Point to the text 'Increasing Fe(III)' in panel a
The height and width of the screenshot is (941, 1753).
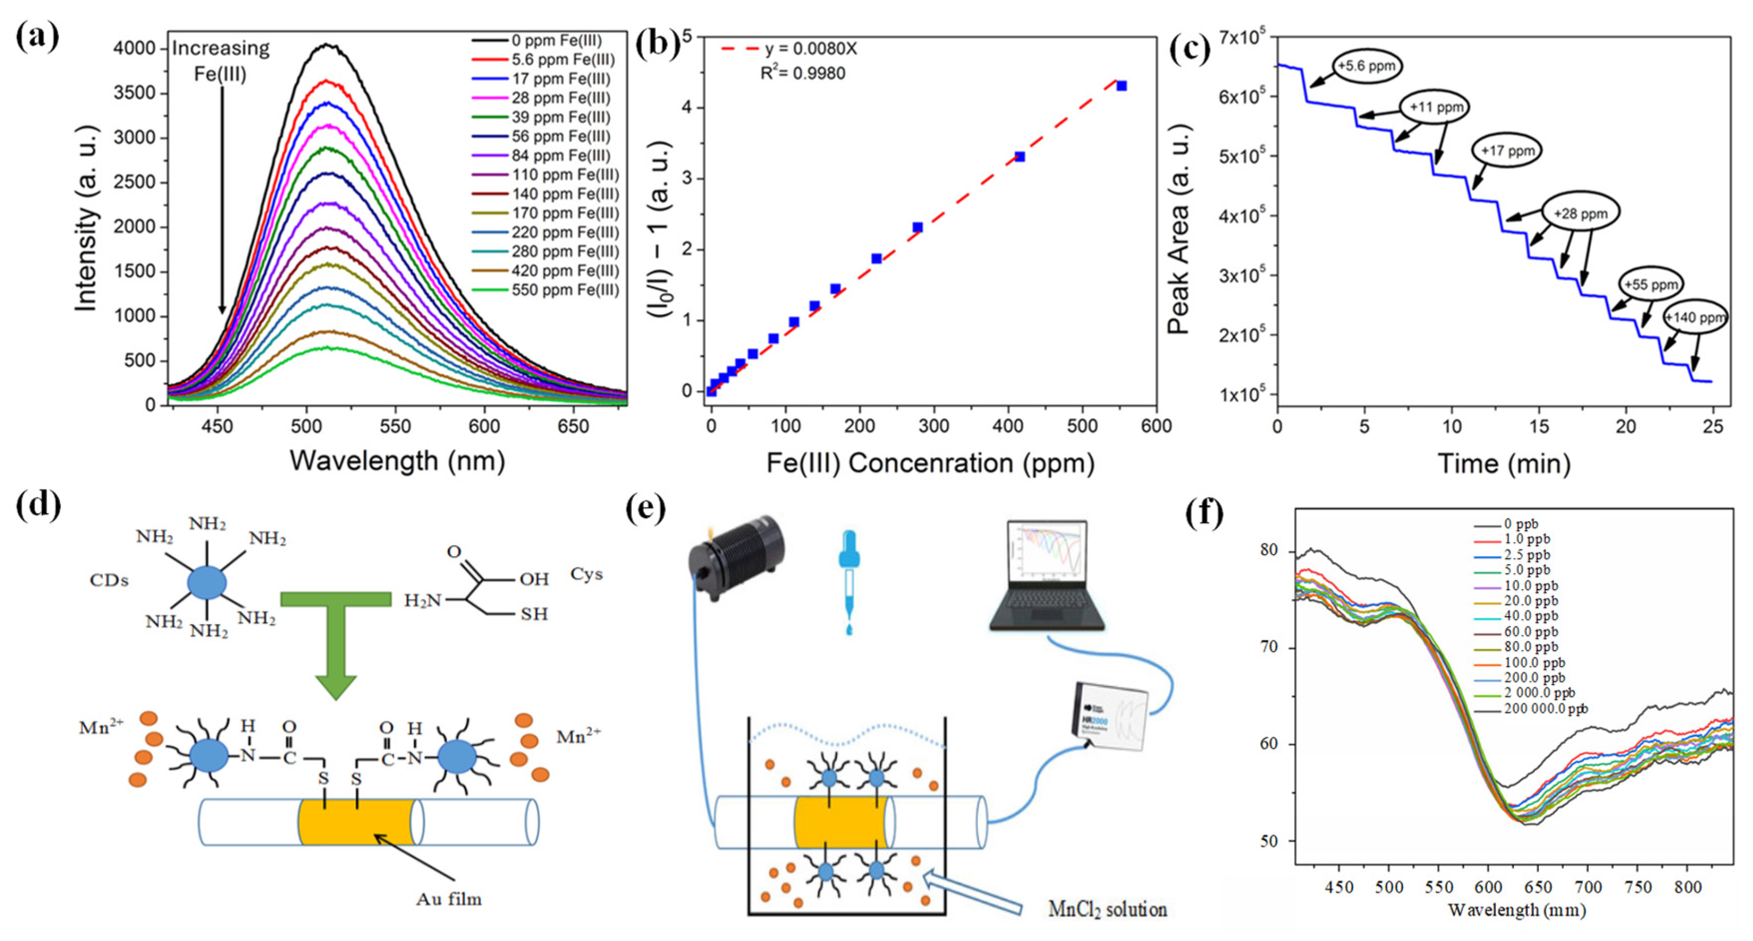point(221,60)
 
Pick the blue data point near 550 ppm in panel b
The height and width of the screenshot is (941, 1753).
point(1121,86)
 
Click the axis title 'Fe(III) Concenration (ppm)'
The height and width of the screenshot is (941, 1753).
point(930,463)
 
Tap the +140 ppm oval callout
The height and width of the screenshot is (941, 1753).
point(1695,318)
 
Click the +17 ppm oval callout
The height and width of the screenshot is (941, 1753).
point(1506,151)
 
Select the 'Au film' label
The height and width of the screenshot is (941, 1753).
point(449,900)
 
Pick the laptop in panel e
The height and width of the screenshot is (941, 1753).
point(1047,575)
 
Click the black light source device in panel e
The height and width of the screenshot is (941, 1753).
point(737,556)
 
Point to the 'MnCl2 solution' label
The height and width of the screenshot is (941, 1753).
point(1107,910)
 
